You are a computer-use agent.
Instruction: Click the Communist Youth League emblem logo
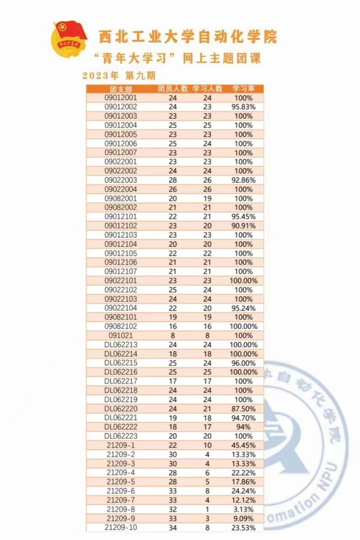tap(69, 41)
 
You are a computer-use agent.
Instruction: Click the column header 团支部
tap(121, 89)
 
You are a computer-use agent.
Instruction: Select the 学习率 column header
tap(244, 89)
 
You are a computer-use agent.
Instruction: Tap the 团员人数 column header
tap(173, 89)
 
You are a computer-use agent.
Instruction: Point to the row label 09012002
tap(121, 107)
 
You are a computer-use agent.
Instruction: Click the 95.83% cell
tap(244, 107)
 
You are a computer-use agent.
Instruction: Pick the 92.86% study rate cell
tap(244, 180)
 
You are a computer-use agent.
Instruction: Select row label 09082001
tap(121, 198)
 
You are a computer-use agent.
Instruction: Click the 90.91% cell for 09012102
tap(244, 226)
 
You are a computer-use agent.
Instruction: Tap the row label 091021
tap(121, 335)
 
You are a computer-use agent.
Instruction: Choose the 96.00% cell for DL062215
tap(244, 363)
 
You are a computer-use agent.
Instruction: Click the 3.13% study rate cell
tap(244, 509)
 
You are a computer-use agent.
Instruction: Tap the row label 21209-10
tap(121, 527)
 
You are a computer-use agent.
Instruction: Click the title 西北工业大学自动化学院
tap(188, 37)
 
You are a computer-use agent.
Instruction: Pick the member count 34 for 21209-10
tap(173, 527)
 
